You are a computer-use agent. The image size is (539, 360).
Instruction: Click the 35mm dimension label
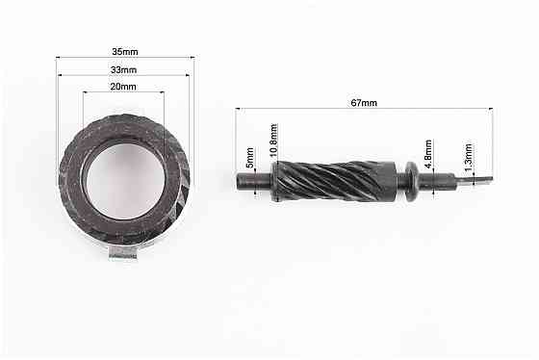point(125,52)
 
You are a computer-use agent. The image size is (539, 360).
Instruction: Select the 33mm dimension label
point(123,70)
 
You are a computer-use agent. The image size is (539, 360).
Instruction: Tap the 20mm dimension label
point(123,87)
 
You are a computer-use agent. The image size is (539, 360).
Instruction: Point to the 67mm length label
point(364,103)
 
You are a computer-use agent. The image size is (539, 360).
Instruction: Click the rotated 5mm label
point(250,158)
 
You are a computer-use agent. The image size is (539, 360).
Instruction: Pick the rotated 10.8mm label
point(273,141)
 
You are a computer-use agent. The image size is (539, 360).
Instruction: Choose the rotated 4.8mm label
point(428,154)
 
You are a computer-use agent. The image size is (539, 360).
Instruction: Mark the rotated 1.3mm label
point(468,158)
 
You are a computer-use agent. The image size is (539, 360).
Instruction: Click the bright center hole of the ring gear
point(125,181)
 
